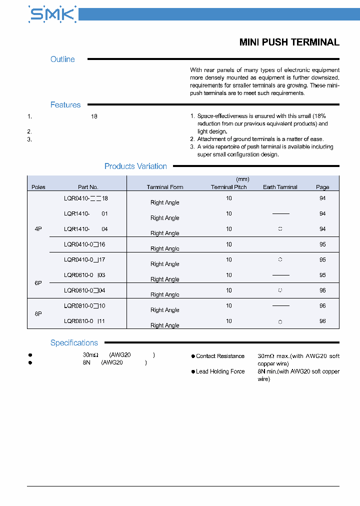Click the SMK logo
coord(52,14)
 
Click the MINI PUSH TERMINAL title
coord(289,42)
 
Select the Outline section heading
coord(62,59)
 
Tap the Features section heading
coord(65,105)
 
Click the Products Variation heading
coord(135,166)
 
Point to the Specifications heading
coord(74,343)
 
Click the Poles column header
coord(38,187)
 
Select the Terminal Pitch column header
coord(229,187)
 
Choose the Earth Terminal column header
coord(280,187)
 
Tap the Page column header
coord(322,187)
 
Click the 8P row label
coord(38,313)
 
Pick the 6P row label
coord(38,283)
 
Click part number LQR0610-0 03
coord(84,275)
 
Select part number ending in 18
coord(86,198)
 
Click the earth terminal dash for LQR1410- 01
coord(280,214)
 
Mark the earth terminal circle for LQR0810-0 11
coord(280,321)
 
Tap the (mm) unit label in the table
coord(242,179)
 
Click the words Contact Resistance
coord(220,356)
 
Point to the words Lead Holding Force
coord(220,372)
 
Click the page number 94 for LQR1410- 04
coord(322,229)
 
